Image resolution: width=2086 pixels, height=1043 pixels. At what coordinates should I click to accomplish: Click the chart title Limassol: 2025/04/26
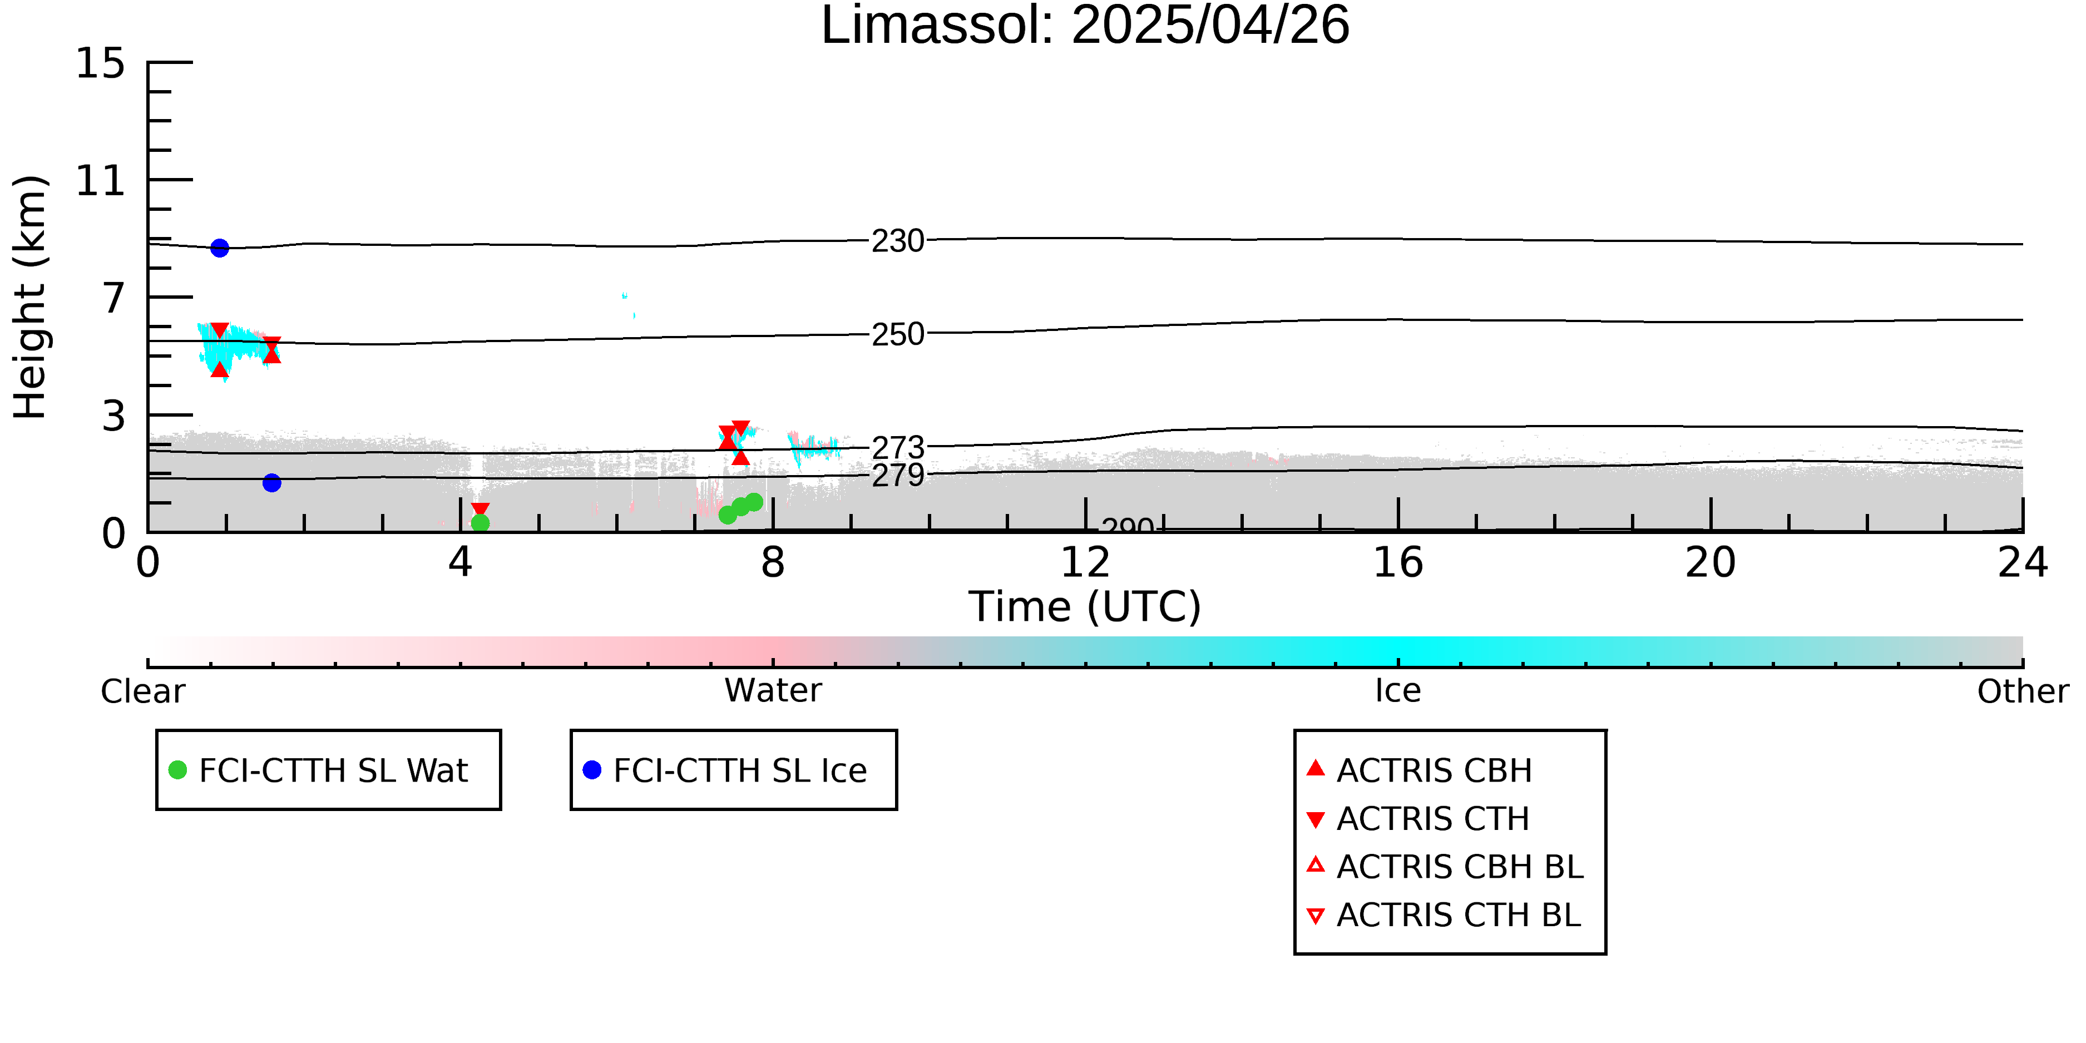pyautogui.click(x=1085, y=26)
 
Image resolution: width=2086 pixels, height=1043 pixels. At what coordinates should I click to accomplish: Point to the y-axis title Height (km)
pyautogui.click(x=30, y=297)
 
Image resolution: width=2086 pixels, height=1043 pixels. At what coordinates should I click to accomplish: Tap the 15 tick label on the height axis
pyautogui.click(x=101, y=63)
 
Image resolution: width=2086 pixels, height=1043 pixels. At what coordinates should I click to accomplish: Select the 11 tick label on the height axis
pyautogui.click(x=101, y=181)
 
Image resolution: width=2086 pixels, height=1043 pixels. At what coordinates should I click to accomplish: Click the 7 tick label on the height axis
pyautogui.click(x=114, y=298)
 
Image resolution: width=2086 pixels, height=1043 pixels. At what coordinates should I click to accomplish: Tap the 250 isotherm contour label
pyautogui.click(x=898, y=334)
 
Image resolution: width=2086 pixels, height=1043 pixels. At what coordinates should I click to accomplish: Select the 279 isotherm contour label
pyautogui.click(x=898, y=476)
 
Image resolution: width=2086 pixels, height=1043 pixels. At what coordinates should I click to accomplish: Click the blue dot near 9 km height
pyautogui.click(x=220, y=248)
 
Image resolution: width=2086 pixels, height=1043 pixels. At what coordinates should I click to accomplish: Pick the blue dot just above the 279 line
pyautogui.click(x=272, y=483)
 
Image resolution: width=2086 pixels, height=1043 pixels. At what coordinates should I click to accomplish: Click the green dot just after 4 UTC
pyautogui.click(x=480, y=523)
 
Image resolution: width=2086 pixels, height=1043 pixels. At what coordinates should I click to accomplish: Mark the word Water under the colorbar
pyautogui.click(x=773, y=691)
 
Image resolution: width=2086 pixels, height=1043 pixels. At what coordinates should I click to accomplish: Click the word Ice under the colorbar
pyautogui.click(x=1398, y=691)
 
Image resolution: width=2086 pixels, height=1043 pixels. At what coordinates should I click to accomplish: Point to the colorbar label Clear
pyautogui.click(x=142, y=691)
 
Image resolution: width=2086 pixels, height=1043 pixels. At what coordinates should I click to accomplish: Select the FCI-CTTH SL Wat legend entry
pyautogui.click(x=319, y=770)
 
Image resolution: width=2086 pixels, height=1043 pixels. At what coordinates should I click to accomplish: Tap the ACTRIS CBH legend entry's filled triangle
pyautogui.click(x=1316, y=768)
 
